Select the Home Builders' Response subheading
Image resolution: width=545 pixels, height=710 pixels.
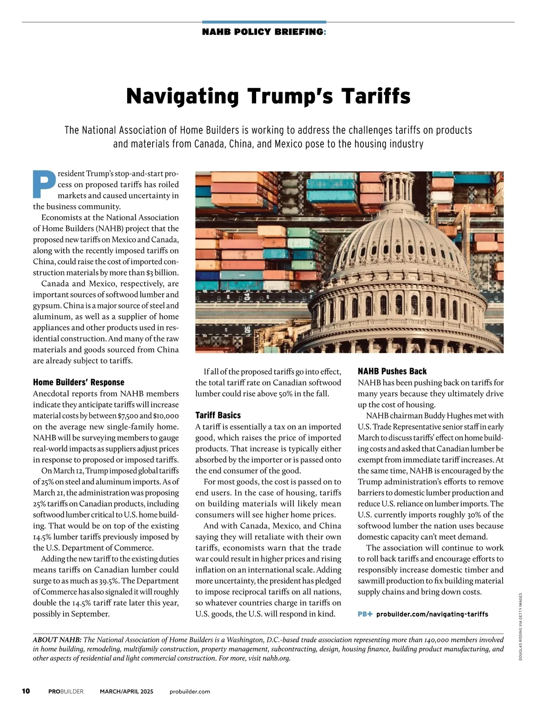point(79,382)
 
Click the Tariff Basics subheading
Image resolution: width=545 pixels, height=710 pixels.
point(218,415)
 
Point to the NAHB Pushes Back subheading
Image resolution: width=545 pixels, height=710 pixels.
point(392,371)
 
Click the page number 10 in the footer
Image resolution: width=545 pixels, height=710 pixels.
point(26,691)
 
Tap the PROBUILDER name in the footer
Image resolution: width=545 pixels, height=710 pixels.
point(66,691)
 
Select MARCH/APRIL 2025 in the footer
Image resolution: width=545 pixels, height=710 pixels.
point(127,691)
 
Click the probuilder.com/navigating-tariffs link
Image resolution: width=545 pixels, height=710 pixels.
point(432,614)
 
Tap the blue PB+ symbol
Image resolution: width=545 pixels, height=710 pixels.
point(365,614)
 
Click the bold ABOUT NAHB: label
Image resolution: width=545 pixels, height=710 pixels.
point(57,640)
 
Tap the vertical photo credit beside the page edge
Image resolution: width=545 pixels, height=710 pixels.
point(520,626)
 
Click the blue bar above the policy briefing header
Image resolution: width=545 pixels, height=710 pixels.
point(264,22)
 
